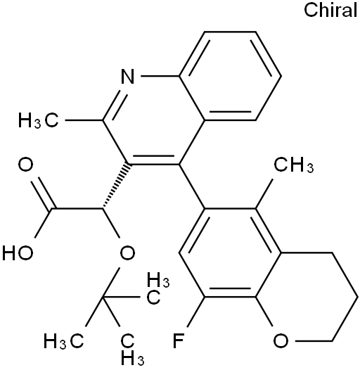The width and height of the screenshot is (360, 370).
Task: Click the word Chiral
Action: tap(330, 10)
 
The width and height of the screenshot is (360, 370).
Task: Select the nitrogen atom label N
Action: tap(128, 77)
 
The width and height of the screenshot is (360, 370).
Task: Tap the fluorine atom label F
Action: tap(178, 341)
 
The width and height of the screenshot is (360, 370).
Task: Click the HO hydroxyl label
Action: tap(18, 253)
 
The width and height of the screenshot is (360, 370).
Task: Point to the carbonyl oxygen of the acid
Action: tap(26, 165)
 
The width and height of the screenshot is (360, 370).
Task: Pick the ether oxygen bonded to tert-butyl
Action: tap(128, 253)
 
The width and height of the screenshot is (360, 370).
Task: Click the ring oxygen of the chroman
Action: tap(281, 341)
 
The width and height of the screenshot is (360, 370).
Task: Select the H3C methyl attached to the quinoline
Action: tap(39, 120)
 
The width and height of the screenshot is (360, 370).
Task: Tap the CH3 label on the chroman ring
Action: tap(294, 165)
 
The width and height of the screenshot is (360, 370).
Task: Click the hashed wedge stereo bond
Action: tap(115, 186)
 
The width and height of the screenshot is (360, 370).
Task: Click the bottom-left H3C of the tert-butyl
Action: tap(64, 341)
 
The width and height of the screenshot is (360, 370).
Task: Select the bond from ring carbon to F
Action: tap(195, 312)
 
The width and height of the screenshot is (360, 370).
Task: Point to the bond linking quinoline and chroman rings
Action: tap(192, 186)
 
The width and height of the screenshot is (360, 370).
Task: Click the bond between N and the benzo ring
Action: tap(160, 77)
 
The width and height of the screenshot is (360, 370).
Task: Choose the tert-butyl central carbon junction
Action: tap(103, 298)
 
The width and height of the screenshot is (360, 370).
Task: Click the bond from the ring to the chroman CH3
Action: tap(264, 194)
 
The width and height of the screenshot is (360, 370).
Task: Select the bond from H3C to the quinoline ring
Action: tap(84, 120)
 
